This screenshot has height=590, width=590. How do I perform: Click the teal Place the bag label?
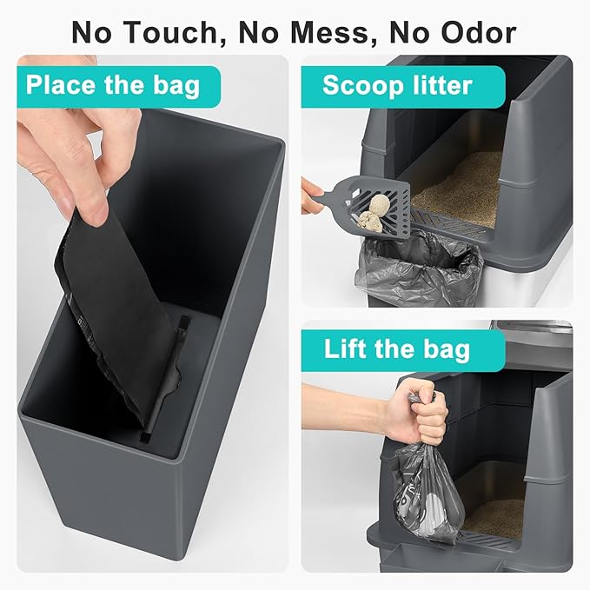pos(113,86)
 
